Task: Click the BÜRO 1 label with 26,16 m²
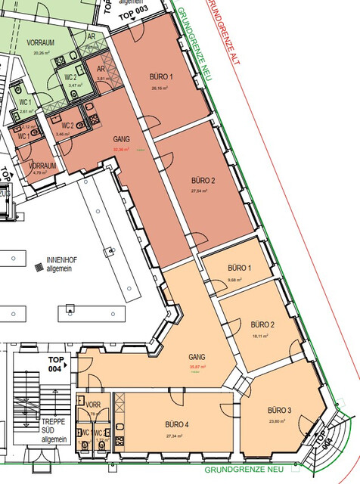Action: tap(161, 77)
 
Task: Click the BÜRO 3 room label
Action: tap(279, 410)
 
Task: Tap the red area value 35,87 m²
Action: tap(197, 367)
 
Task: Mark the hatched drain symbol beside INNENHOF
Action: tap(38, 266)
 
